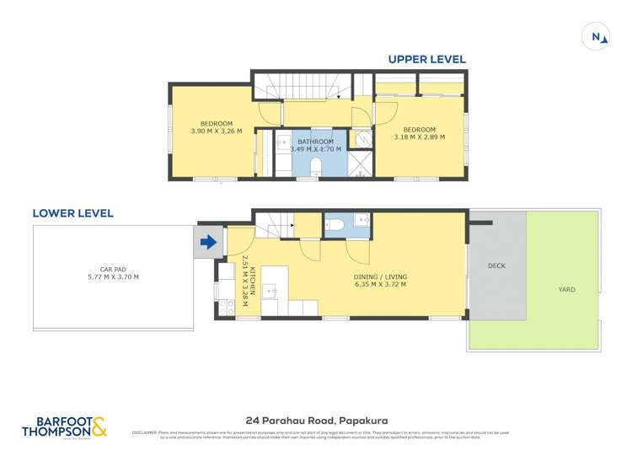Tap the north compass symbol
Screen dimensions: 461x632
click(597, 37)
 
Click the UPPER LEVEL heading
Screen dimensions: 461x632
click(426, 60)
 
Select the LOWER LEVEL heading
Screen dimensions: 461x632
click(72, 213)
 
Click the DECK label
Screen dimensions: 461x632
click(496, 265)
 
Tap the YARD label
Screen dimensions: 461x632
click(566, 289)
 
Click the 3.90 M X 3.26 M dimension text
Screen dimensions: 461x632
click(217, 131)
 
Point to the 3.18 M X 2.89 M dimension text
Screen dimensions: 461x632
click(419, 136)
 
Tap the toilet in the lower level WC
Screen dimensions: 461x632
click(334, 223)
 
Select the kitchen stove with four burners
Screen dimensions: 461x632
click(226, 308)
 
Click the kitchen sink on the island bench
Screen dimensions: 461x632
click(271, 292)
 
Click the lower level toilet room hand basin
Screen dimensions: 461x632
click(362, 220)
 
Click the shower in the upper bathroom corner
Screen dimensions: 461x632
click(361, 163)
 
